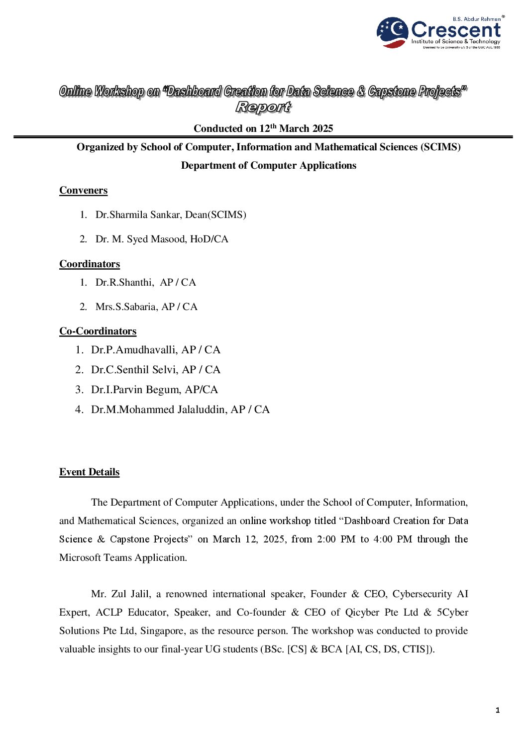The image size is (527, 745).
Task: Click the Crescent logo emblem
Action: (393, 32)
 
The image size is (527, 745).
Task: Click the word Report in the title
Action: (263, 107)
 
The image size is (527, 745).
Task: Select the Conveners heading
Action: (83, 191)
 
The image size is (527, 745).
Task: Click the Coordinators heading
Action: (90, 264)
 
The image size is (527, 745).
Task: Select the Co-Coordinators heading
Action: (98, 331)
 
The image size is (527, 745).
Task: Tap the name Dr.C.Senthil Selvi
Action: (134, 370)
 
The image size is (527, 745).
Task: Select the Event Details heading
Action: (89, 472)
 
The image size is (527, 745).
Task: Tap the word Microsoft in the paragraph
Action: (81, 558)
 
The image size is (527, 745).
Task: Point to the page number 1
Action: (497, 710)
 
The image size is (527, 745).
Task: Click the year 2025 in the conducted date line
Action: (322, 129)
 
